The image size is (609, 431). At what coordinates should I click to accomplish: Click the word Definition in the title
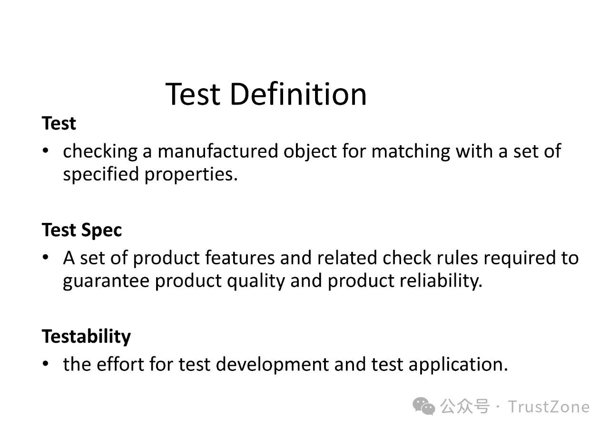tap(298, 94)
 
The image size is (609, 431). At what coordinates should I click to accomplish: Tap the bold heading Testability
tap(86, 337)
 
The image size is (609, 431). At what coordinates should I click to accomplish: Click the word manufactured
tap(218, 151)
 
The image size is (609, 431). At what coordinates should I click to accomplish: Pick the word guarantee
tap(106, 281)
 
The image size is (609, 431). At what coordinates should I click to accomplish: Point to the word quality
tap(256, 281)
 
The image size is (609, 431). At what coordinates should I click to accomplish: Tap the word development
tap(272, 365)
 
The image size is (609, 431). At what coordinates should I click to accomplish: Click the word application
tap(458, 365)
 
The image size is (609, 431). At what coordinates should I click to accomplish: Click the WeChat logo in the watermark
tap(423, 406)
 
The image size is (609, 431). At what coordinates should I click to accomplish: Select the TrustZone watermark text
tap(549, 407)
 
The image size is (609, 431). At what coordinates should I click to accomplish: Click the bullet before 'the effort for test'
tap(45, 364)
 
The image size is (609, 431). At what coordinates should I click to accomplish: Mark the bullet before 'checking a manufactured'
tap(45, 151)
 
